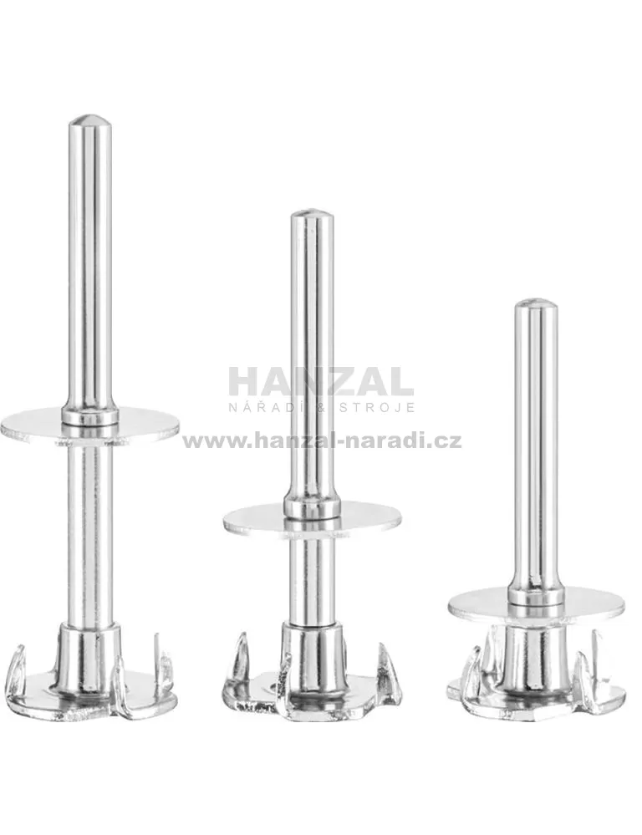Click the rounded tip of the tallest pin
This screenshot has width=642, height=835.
[x=90, y=120]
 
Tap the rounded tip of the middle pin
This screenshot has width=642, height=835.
[x=312, y=215]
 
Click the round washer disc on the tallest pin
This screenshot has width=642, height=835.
[x=90, y=425]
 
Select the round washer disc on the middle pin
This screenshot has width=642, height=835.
[x=312, y=517]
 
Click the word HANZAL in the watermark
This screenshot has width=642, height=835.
[x=321, y=381]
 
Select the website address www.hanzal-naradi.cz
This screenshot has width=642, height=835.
[x=323, y=441]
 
